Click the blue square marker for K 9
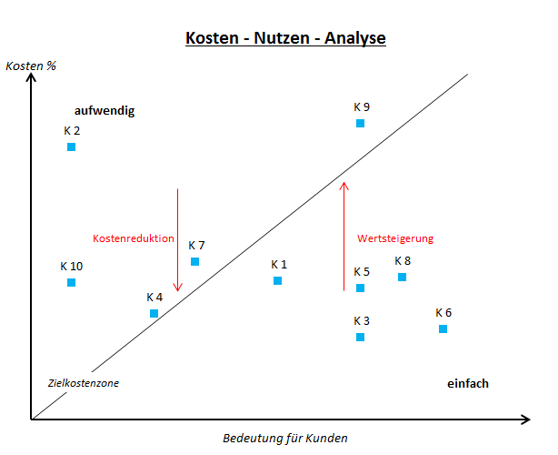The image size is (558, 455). point(360,123)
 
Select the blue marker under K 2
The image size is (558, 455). point(71,147)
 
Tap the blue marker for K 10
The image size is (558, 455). point(71,282)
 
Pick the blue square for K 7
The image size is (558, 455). point(194,261)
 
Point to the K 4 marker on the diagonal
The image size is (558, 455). point(154,313)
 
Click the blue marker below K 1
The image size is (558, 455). point(277,280)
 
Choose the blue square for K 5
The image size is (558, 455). point(360,288)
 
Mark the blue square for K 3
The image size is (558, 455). point(360,337)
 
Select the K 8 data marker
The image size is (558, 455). point(402,277)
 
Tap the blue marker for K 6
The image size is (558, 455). point(443,329)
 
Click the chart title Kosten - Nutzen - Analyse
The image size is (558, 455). point(285,39)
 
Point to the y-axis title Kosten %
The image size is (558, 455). point(31,66)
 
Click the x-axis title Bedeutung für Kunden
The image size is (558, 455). point(285,438)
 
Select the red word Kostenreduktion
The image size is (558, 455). point(134,238)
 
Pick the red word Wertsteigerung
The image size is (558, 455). point(395,238)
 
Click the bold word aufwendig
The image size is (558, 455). point(105,111)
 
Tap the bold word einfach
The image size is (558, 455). point(468,383)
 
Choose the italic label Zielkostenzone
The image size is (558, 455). point(84,383)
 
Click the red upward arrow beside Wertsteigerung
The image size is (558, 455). point(344,237)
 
